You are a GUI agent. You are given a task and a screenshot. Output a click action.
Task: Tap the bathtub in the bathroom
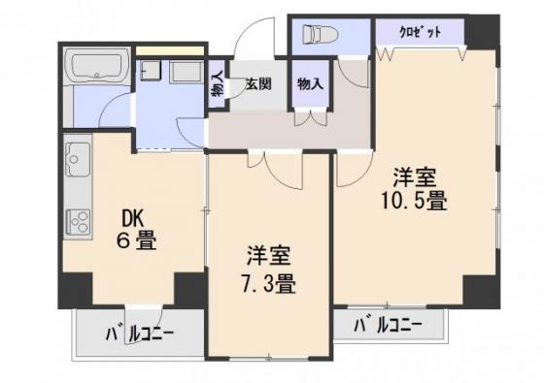click(97, 66)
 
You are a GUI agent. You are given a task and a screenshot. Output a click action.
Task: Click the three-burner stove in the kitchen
click(79, 222)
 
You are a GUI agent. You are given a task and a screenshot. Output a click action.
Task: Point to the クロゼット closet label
click(421, 32)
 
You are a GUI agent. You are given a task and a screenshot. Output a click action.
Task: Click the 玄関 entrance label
click(258, 84)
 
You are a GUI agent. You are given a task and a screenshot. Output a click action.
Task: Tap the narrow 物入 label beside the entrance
click(218, 85)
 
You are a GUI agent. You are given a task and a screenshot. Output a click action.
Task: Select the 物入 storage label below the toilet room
click(310, 83)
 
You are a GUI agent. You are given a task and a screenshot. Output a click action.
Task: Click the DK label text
click(132, 218)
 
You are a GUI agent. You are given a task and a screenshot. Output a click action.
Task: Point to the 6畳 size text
click(136, 240)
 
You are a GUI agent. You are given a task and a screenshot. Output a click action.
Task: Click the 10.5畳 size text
click(414, 201)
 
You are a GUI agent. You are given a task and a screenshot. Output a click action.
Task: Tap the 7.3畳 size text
click(268, 283)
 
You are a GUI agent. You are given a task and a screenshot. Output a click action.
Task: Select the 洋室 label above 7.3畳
click(268, 256)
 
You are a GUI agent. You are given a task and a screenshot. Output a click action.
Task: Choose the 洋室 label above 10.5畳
click(414, 177)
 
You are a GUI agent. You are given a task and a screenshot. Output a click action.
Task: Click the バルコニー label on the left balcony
click(140, 335)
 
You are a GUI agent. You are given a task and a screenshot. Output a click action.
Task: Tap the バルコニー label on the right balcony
click(388, 325)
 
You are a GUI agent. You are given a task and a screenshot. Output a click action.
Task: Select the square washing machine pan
click(151, 71)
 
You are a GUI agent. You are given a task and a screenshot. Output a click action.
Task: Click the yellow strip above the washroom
click(169, 50)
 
